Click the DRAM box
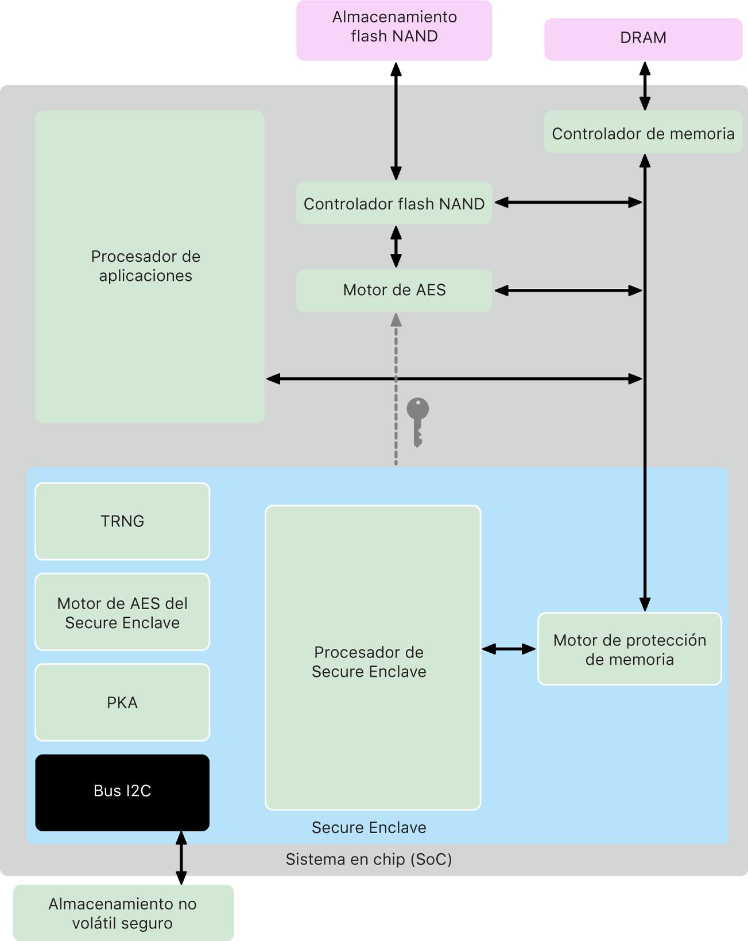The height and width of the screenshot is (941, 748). tap(643, 38)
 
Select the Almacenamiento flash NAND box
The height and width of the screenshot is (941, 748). tap(394, 30)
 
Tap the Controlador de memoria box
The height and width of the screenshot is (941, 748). tap(643, 133)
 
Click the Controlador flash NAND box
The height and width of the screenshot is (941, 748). tap(394, 203)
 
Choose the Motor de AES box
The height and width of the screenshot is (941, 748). tap(394, 291)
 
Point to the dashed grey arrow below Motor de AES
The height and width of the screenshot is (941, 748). tap(396, 390)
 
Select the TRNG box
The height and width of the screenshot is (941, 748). tap(122, 521)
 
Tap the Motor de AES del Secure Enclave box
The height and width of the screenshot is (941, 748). tap(122, 612)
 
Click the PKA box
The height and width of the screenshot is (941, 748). tap(122, 702)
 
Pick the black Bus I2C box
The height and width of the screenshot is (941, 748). tap(122, 792)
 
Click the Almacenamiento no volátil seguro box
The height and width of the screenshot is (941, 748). tap(123, 913)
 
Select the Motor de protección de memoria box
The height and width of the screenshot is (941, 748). tap(629, 649)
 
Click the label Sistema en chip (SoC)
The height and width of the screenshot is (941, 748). tap(369, 859)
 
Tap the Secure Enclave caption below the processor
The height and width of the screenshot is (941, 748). tap(369, 827)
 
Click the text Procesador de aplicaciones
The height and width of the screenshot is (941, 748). tap(146, 266)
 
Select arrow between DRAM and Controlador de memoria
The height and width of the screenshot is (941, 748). tap(645, 86)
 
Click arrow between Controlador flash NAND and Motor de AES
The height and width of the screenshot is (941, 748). tap(396, 246)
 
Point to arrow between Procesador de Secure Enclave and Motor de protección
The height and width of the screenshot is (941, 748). tap(509, 649)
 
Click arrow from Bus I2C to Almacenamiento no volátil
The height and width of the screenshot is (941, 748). tap(181, 858)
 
